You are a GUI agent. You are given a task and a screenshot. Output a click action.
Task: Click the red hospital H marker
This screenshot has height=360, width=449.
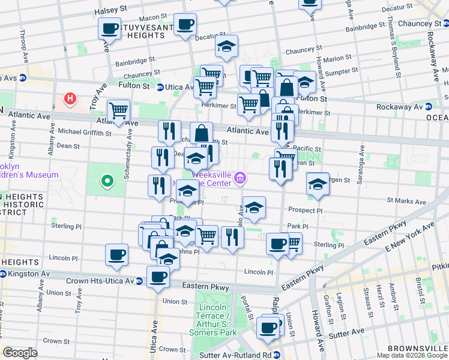(x=71, y=98)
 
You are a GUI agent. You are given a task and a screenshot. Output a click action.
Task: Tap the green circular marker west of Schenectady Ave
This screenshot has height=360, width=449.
(x=107, y=180)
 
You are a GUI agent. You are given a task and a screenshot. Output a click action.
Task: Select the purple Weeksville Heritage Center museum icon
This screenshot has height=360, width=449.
(x=240, y=177)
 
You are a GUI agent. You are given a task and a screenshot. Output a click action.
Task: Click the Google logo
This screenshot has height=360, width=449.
(x=20, y=353)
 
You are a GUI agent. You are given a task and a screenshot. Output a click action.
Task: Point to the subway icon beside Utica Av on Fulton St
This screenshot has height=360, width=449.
(x=160, y=87)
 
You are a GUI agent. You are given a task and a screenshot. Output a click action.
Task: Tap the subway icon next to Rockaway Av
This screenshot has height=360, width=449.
(x=429, y=107)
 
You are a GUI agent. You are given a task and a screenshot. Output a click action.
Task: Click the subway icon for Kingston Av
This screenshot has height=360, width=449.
(x=4, y=274)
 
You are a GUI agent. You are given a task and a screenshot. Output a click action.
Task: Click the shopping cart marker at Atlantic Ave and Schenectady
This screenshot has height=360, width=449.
(x=118, y=110)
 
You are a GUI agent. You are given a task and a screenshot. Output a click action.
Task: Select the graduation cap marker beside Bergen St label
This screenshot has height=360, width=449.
(x=318, y=184)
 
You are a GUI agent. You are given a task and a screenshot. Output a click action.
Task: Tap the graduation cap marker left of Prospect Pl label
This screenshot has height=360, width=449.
(x=255, y=208)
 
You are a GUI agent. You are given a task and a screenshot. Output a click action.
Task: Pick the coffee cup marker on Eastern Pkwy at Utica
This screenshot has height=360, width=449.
(x=158, y=277)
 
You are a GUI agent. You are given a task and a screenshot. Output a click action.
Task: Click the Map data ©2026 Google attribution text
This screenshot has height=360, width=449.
(x=412, y=355)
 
